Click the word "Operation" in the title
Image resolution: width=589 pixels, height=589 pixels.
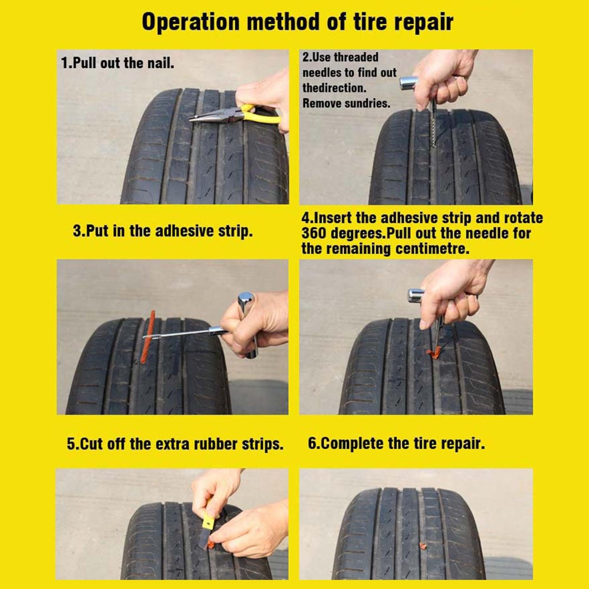(x=191, y=22)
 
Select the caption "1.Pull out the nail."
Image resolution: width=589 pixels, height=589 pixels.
(x=117, y=63)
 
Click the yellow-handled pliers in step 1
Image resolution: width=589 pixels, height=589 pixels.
(x=236, y=114)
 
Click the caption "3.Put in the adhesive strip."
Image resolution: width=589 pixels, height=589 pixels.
(x=163, y=231)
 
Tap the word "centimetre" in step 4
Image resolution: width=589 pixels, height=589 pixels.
(x=433, y=249)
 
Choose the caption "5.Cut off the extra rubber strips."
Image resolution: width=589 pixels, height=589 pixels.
(x=175, y=444)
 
